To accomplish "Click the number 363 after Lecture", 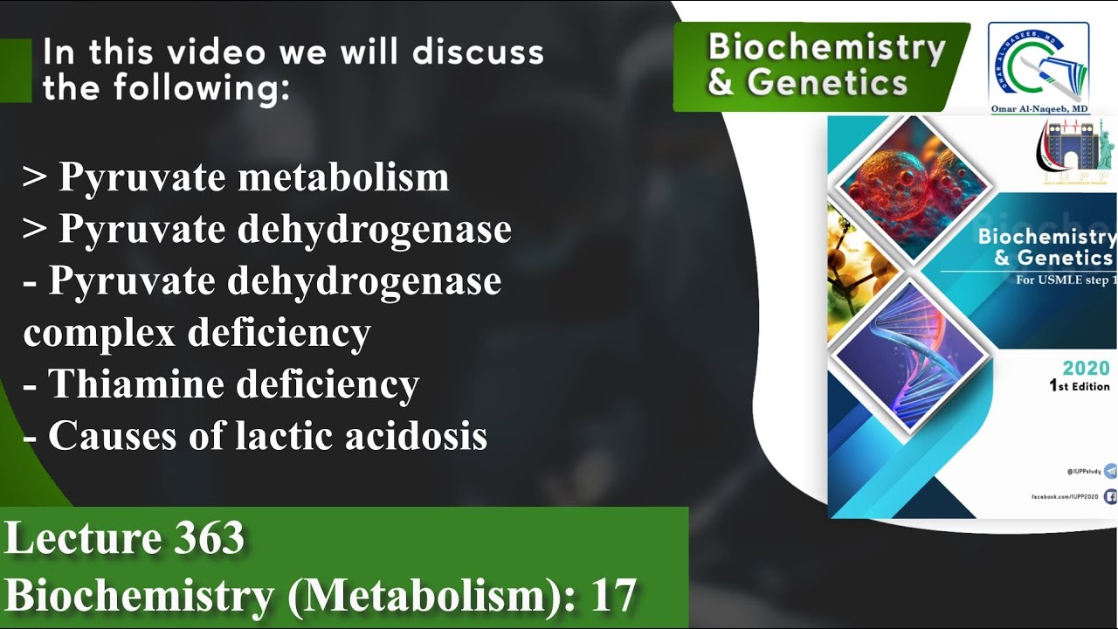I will coord(209,538).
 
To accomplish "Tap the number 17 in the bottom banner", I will coord(613,596).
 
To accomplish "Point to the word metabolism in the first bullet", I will coord(343,177).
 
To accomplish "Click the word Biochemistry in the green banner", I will coord(826,47).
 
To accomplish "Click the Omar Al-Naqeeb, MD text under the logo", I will coord(1039,108).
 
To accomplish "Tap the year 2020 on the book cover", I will coord(1086,368).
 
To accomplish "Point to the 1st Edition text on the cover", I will coord(1079,386).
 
